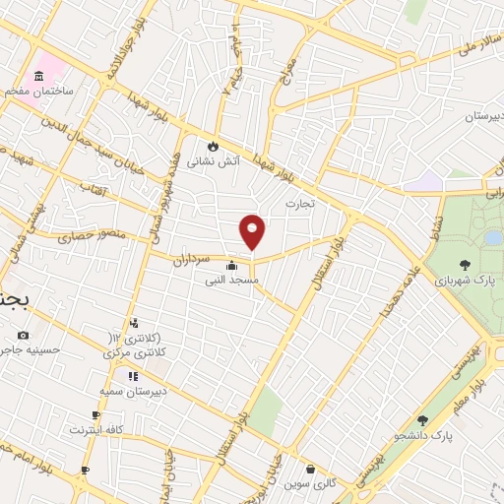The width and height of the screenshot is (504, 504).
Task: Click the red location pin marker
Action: coord(253,231)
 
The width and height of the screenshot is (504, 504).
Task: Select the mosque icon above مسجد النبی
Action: coord(232,264)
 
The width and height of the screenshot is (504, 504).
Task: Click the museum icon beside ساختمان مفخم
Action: coord(40,76)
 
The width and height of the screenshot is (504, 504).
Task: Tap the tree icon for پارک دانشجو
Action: coord(422,420)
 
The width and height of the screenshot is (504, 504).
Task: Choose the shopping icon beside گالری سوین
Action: coord(311,469)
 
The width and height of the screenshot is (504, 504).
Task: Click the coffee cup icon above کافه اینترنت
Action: coord(95,415)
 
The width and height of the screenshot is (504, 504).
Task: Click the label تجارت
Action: coord(299,204)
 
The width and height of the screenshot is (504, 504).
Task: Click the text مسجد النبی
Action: coord(231,281)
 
